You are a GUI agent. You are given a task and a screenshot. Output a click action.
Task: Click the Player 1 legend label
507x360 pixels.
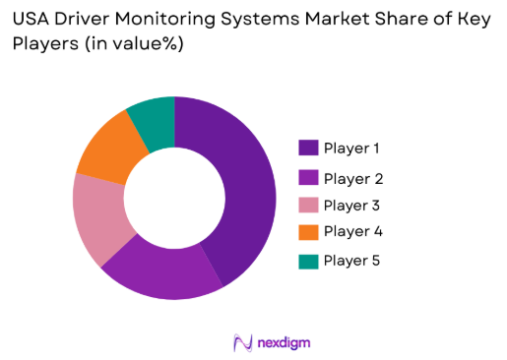point(353,149)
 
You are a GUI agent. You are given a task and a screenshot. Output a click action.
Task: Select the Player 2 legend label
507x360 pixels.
point(353,179)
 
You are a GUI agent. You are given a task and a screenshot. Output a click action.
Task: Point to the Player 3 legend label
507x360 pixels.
point(353,206)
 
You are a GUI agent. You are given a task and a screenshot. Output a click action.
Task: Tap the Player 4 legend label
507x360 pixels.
point(353,231)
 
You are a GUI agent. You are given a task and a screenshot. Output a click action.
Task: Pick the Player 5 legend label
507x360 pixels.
point(353,261)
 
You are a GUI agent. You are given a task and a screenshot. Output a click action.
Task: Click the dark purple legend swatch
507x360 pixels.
point(308,149)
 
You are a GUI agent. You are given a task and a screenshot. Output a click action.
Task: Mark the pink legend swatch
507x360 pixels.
point(308,206)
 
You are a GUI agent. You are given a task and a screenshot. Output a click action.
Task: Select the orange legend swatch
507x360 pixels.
point(308,231)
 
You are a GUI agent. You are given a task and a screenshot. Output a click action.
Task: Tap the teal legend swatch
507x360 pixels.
point(308,261)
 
